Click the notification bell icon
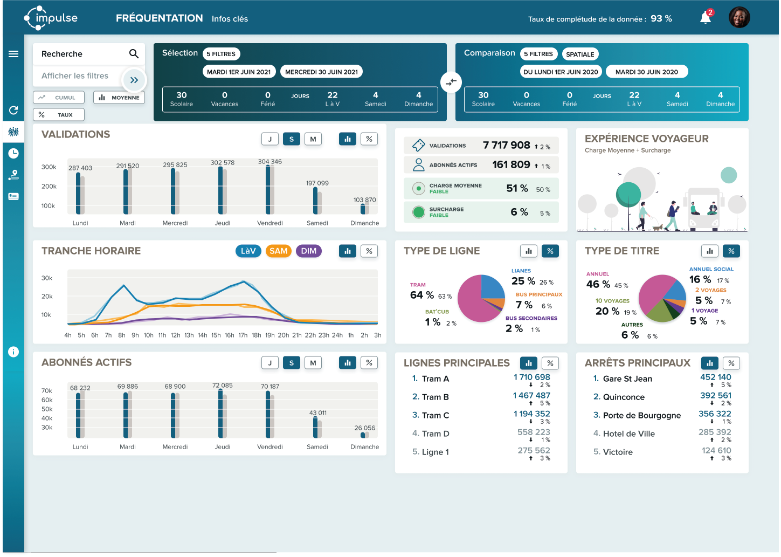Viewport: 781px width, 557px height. click(x=706, y=18)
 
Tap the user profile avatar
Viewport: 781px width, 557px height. click(x=739, y=18)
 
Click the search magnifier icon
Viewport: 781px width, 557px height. click(x=134, y=54)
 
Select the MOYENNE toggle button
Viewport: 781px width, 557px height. click(x=119, y=98)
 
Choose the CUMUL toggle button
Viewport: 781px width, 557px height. click(x=59, y=98)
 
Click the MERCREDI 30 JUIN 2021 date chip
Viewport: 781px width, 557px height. click(x=321, y=72)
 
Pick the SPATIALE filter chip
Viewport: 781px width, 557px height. click(x=580, y=54)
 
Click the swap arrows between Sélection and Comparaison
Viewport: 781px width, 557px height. click(x=451, y=82)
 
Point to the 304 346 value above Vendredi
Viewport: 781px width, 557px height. click(x=269, y=162)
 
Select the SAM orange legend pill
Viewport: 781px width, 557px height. click(x=278, y=251)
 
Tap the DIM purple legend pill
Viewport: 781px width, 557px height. click(x=309, y=251)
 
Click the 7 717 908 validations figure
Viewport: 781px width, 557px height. click(x=507, y=145)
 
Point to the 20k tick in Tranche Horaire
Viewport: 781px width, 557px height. click(x=47, y=297)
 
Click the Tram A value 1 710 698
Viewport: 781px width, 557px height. click(x=531, y=377)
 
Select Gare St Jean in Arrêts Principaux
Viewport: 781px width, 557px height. click(x=627, y=379)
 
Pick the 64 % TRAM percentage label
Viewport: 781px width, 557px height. click(x=422, y=295)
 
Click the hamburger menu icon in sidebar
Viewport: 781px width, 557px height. click(x=13, y=54)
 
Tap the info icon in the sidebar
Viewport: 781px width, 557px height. click(x=13, y=352)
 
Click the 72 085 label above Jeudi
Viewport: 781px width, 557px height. click(x=223, y=386)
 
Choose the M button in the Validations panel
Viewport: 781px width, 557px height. click(x=313, y=139)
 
